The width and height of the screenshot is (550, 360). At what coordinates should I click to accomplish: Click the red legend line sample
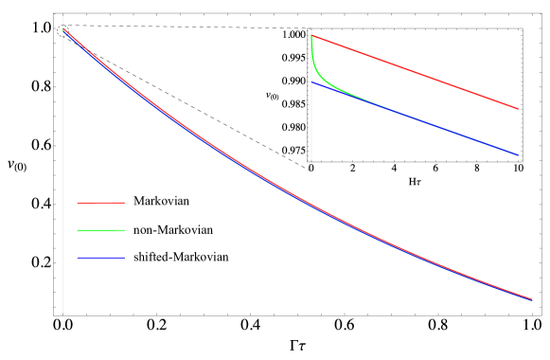coord(100,203)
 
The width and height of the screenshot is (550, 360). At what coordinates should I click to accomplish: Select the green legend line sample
coord(100,230)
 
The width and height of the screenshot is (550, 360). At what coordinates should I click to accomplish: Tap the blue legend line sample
coord(100,258)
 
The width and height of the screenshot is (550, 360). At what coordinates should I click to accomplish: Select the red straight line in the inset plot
coord(417,73)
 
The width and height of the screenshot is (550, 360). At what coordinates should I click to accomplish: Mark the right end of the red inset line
coord(518,109)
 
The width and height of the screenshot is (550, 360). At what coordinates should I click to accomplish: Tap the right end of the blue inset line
coord(518,154)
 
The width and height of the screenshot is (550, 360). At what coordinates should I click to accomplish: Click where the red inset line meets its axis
coord(312,36)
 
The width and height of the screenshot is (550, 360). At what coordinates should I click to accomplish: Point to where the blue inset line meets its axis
coord(312,82)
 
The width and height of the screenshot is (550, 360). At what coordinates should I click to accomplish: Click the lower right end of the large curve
coord(532,299)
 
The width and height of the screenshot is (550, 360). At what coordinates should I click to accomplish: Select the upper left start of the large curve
coord(63,29)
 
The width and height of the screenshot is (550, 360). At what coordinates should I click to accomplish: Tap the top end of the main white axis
coord(62,16)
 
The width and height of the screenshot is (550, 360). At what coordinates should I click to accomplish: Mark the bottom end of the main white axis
coord(62,313)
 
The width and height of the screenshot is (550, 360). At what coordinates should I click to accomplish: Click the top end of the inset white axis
coord(311,30)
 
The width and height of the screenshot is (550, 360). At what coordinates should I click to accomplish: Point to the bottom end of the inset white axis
coord(311,160)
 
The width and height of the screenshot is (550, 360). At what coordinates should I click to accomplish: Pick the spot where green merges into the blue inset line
coord(374,101)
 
